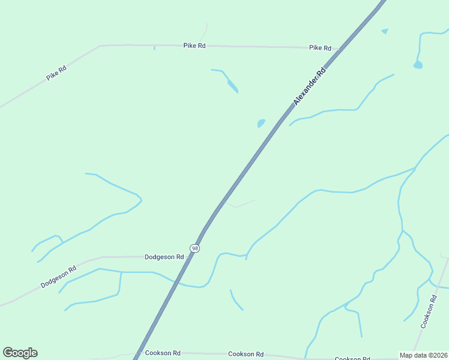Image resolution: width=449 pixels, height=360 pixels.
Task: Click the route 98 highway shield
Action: (194, 248)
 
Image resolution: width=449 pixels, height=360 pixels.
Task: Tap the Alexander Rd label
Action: (309, 86)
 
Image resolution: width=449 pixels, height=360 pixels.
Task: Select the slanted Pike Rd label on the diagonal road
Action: (56, 74)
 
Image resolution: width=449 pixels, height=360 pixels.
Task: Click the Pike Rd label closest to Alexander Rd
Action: (320, 47)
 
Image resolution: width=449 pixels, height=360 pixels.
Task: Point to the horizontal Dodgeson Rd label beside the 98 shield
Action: (164, 257)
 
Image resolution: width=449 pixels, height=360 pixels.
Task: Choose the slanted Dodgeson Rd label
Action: (58, 277)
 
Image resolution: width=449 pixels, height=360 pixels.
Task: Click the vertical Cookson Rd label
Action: (427, 311)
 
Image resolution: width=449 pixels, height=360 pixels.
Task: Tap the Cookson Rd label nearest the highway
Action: (163, 353)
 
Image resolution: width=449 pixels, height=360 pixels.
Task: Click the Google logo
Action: (20, 353)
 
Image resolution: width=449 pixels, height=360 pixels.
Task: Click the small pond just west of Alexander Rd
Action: (261, 123)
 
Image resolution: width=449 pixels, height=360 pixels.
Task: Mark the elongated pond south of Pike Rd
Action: (232, 85)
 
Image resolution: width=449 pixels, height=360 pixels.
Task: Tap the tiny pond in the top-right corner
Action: (385, 31)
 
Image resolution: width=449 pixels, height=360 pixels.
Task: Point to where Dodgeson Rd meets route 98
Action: (189, 256)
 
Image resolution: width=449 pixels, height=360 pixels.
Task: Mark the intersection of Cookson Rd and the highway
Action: (138, 353)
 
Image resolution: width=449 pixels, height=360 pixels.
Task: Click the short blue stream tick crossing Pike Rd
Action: (154, 47)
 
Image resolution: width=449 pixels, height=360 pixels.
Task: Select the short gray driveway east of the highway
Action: (240, 204)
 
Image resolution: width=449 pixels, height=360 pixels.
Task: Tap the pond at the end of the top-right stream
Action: (418, 64)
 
